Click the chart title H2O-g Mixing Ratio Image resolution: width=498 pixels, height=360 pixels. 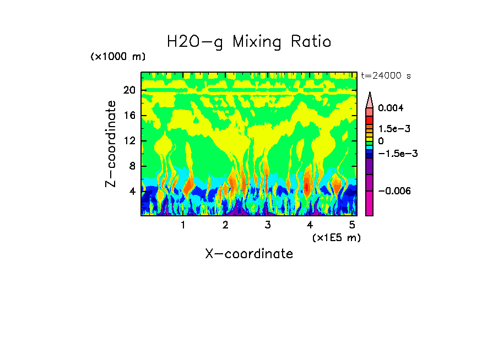tap(249, 42)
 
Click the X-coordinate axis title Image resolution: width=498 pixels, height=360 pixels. tap(249, 254)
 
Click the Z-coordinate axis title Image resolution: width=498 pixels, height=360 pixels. tap(111, 144)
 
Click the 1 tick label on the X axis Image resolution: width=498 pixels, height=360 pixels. tap(183, 225)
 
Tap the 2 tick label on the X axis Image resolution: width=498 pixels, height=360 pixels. tap(225, 225)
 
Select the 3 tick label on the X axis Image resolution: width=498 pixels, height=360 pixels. tap(268, 225)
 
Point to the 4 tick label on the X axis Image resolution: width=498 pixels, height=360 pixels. tap(310, 225)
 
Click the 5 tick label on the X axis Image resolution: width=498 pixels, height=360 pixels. tap(352, 225)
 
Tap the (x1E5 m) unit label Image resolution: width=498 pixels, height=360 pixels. tap(336, 237)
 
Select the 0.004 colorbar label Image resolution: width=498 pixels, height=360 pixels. tap(391, 108)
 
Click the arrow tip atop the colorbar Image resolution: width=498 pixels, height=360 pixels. tap(369, 94)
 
